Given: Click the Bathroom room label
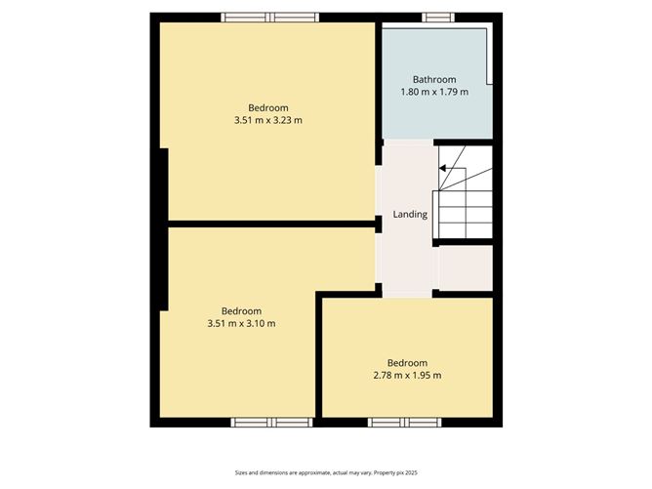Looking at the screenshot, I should (x=434, y=79).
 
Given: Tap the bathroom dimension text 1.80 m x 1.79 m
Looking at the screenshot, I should (x=434, y=92).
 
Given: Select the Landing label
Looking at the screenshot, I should (x=410, y=214).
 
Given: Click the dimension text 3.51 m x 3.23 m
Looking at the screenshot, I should (x=268, y=120).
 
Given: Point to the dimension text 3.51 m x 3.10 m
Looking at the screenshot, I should (x=241, y=323).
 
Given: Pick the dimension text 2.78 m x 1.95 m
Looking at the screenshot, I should (x=407, y=375).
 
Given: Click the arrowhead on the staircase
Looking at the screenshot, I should (x=442, y=168).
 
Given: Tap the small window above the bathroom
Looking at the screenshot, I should (x=437, y=17).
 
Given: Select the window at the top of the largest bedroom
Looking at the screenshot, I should (x=269, y=17).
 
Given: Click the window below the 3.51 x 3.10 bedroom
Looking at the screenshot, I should (x=269, y=423).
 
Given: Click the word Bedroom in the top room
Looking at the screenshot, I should (x=268, y=107).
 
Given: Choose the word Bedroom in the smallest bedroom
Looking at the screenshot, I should (x=407, y=362).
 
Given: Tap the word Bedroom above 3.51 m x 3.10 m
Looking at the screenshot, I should (x=241, y=310).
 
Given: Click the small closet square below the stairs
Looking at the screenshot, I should (x=464, y=267).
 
